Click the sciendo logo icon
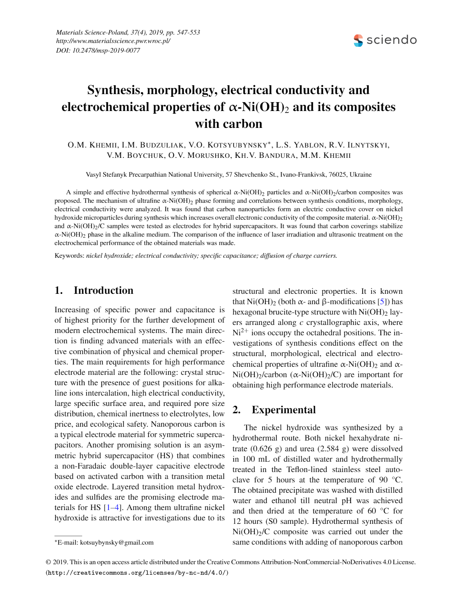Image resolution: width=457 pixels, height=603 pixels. tap(358, 40)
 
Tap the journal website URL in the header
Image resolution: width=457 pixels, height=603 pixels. tap(113, 41)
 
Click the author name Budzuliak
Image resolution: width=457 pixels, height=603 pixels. tap(162, 145)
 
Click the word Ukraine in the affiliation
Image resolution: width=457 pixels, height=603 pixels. tap(361, 174)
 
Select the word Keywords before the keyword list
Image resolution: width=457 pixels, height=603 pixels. tap(69, 255)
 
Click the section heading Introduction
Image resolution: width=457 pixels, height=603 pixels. tap(103, 290)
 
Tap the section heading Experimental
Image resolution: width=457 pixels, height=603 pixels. tap(283, 410)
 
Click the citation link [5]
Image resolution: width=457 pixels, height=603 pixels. tap(382, 301)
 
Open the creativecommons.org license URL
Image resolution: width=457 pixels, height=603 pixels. tap(137, 573)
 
